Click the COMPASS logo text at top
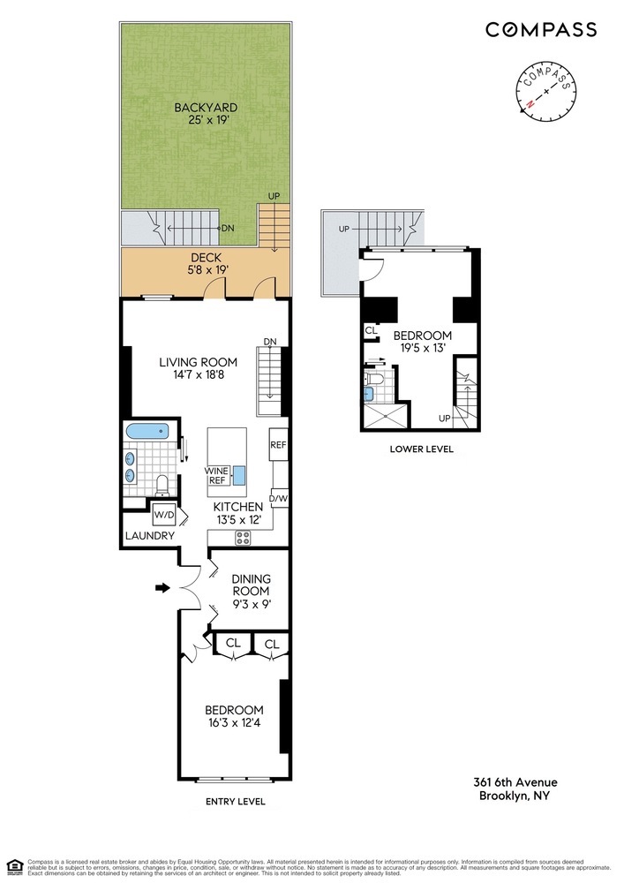[540, 29]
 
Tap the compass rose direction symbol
[547, 91]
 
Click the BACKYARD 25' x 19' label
[206, 114]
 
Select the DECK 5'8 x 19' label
[206, 263]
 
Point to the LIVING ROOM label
[199, 368]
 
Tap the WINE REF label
[217, 476]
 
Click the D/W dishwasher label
[280, 500]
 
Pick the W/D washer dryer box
[164, 514]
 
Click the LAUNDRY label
[149, 536]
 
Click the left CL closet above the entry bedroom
[233, 645]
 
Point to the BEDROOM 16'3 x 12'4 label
[234, 716]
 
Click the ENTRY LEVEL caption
[234, 802]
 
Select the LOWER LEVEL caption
[421, 449]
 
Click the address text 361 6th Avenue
[515, 782]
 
